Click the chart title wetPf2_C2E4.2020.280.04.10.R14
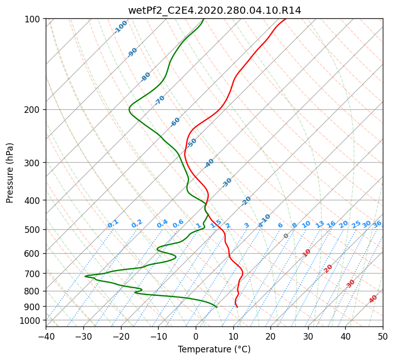tap(215, 11)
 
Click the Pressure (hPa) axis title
tap(10, 173)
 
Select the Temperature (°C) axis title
tap(215, 349)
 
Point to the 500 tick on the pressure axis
tap(33, 230)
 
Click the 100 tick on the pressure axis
tap(33, 19)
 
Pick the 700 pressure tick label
tap(33, 274)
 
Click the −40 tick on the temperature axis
tap(46, 337)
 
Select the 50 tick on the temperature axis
tap(383, 337)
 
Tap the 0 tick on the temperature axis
tap(196, 337)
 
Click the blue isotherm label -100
tap(120, 27)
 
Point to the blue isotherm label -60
tap(175, 122)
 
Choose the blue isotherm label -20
tap(246, 201)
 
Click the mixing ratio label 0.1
tap(113, 224)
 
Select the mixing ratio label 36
tap(377, 224)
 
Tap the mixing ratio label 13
tap(320, 224)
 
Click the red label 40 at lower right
tap(373, 299)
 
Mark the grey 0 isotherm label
tap(286, 236)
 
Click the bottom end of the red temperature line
tap(237, 307)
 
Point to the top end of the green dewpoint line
tap(203, 19)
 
